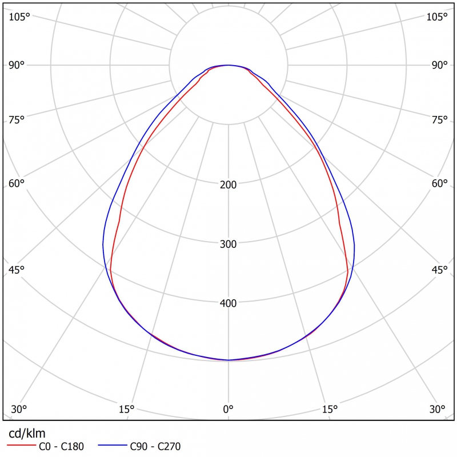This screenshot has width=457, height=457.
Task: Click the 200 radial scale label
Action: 228,185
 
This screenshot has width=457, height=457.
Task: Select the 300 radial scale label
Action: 228,244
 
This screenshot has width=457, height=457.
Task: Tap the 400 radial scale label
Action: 228,303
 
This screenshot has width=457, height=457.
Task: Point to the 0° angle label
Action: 228,409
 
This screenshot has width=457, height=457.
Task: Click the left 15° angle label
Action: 126,409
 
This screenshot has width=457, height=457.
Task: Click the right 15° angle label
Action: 330,409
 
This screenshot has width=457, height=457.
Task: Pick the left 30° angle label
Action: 19,409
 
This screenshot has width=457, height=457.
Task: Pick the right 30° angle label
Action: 438,409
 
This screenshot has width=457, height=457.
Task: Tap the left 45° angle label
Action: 17,270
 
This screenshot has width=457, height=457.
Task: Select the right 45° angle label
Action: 440,270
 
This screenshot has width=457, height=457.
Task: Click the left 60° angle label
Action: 17,183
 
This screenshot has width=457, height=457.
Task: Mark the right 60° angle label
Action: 440,183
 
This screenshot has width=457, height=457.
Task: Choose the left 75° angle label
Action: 17,119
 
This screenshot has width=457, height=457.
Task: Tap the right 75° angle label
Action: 440,119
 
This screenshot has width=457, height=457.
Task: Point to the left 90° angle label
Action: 17,65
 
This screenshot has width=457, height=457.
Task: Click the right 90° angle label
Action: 440,65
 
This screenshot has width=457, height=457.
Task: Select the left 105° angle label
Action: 19,17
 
